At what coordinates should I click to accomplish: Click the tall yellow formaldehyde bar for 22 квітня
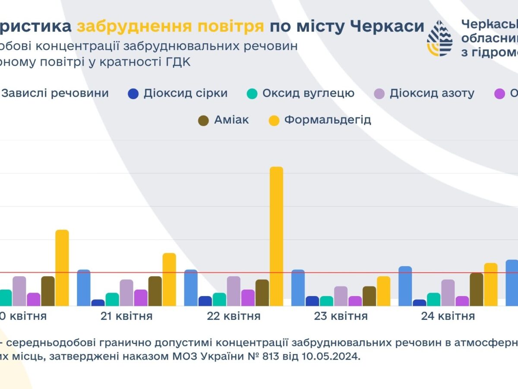276,236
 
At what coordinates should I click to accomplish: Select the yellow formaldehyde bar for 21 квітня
169,279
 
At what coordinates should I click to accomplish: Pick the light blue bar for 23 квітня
298,287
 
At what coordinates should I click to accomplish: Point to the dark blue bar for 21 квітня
98,303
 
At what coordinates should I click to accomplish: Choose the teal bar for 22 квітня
219,299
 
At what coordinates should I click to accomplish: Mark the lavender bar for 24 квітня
448,293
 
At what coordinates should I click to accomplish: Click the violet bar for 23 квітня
355,301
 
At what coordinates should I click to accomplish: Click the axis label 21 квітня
126,316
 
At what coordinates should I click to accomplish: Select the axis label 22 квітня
234,316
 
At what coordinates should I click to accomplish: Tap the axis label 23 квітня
341,316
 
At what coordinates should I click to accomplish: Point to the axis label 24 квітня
448,316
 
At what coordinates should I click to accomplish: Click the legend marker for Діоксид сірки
133,94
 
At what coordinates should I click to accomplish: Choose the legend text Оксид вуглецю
308,93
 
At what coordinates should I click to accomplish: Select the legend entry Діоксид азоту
432,93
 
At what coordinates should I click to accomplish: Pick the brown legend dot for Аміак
203,120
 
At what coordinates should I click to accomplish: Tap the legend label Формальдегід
327,120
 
